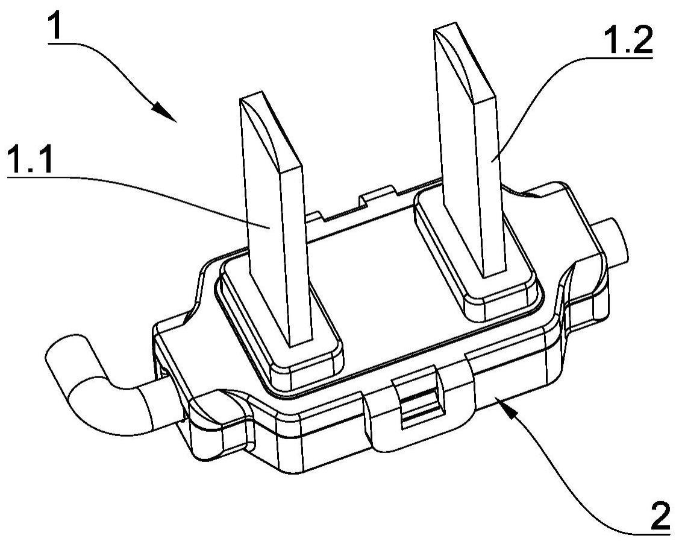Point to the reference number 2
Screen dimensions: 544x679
click(660, 516)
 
